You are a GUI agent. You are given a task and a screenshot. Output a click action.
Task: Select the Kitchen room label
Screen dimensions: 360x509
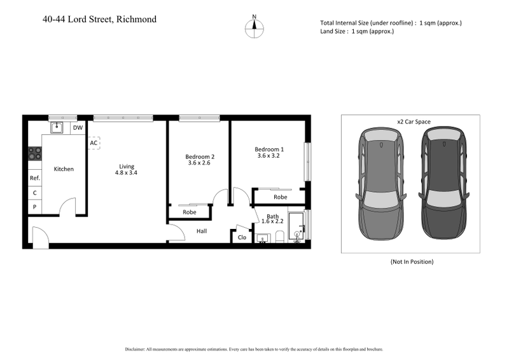[x=64, y=169]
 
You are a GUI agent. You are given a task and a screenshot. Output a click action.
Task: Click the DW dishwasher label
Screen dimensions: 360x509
[x=78, y=128]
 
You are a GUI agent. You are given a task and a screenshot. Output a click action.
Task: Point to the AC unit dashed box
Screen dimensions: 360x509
[x=94, y=143]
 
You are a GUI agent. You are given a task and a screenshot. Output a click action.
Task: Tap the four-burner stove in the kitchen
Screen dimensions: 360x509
[x=35, y=153]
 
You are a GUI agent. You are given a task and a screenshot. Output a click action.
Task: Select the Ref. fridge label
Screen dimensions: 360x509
[x=35, y=179]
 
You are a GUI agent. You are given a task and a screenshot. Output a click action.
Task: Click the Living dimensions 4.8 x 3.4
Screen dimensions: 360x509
[x=126, y=173]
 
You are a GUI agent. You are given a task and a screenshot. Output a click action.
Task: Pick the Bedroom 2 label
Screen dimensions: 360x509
[x=200, y=156]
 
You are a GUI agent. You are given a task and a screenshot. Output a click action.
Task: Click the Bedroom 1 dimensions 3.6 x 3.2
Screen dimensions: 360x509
[x=268, y=156]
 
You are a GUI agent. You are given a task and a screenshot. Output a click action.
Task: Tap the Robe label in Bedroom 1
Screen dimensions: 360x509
[x=280, y=197]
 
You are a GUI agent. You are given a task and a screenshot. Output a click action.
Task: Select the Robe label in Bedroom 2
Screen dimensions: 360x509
[x=189, y=212]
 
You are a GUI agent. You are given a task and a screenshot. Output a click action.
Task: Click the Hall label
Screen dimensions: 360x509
[x=201, y=232]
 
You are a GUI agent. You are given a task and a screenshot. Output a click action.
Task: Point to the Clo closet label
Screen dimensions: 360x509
[x=242, y=237]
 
